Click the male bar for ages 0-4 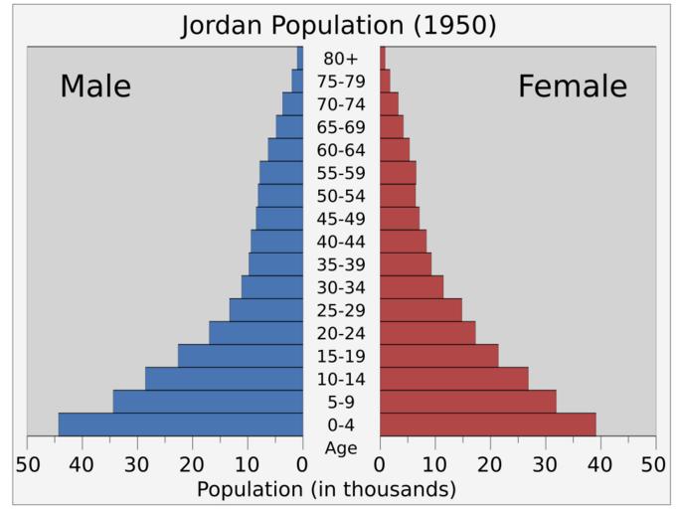(180, 424)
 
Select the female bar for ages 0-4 (487, 424)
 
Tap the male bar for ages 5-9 (208, 402)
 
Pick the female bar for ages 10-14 (453, 379)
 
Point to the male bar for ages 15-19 (240, 356)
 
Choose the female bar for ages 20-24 (427, 333)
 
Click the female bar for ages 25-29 (421, 310)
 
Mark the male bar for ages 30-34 (271, 287)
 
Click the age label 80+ (340, 59)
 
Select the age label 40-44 (340, 242)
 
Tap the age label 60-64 (340, 150)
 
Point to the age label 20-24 (340, 333)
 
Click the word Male (95, 86)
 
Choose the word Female (573, 86)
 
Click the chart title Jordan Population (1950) (338, 25)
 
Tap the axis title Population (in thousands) (326, 489)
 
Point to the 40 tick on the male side (83, 464)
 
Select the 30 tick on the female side (544, 464)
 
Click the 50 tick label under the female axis (653, 464)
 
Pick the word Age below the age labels (340, 448)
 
